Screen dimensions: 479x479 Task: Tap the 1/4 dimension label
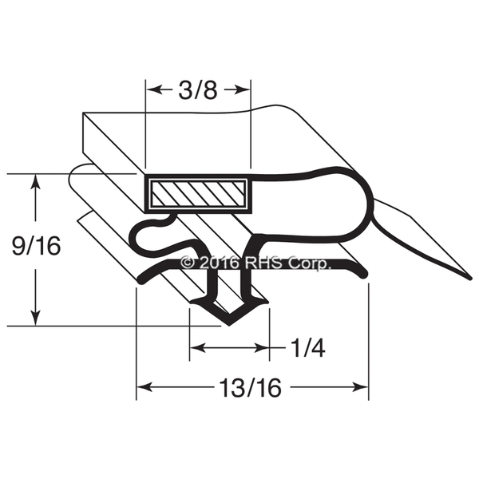(x=308, y=348)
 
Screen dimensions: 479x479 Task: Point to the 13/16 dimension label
(x=251, y=387)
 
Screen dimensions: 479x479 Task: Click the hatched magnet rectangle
(x=198, y=192)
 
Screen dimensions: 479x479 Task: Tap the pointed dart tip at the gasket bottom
(x=228, y=325)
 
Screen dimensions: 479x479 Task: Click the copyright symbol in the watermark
(x=188, y=262)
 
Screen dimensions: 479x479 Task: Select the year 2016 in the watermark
(x=220, y=262)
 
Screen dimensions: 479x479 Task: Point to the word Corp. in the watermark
(x=311, y=263)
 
